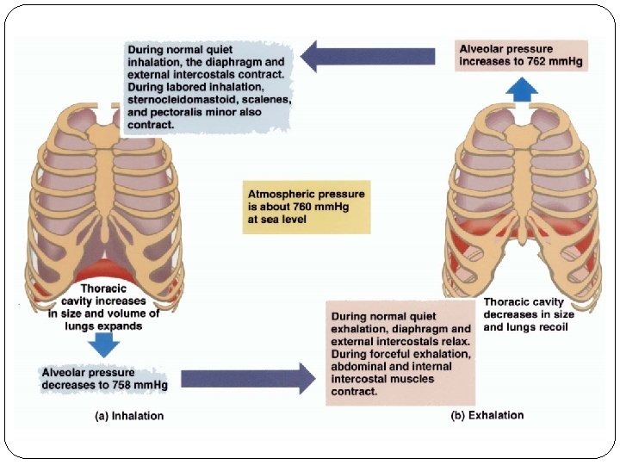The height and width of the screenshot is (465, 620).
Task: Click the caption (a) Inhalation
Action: tap(128, 416)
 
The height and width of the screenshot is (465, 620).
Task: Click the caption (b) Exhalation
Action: tap(487, 415)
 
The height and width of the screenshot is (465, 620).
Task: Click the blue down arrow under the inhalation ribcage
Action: tap(105, 344)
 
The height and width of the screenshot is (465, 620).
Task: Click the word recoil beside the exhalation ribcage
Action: tap(550, 328)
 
